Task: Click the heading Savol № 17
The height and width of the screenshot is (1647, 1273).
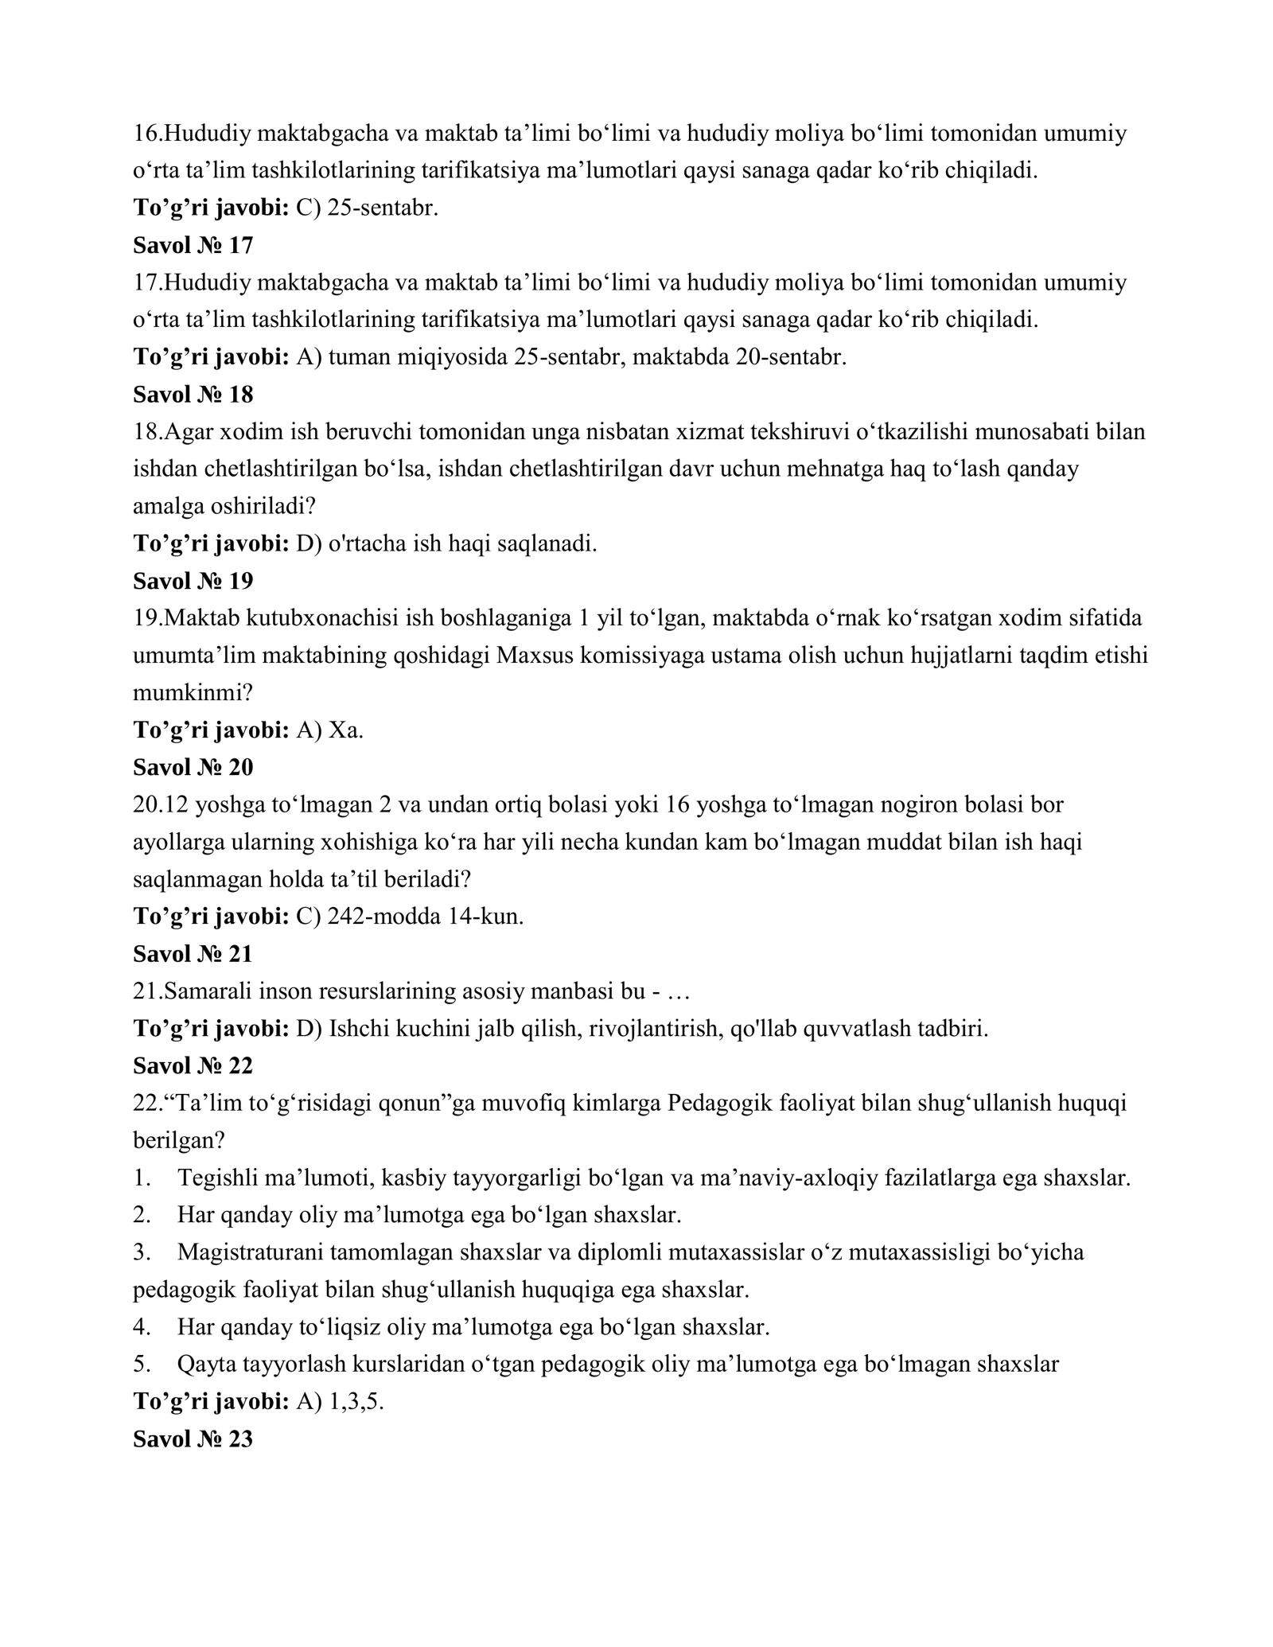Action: pyautogui.click(x=193, y=246)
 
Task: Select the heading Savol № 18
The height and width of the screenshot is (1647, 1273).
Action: pyautogui.click(x=193, y=395)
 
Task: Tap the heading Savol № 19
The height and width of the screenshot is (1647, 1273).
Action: pyautogui.click(x=193, y=582)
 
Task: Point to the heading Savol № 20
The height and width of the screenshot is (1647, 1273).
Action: pyautogui.click(x=193, y=768)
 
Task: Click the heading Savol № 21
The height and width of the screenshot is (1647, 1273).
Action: pyautogui.click(x=193, y=954)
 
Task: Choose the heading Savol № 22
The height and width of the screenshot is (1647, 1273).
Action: pyautogui.click(x=193, y=1065)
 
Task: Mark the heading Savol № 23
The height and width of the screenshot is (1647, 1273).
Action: pyautogui.click(x=193, y=1439)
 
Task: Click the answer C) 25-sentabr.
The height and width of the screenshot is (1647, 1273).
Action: pyautogui.click(x=367, y=208)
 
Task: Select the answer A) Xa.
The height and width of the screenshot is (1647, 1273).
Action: pyautogui.click(x=329, y=730)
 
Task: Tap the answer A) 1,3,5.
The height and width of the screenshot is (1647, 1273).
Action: pyautogui.click(x=340, y=1402)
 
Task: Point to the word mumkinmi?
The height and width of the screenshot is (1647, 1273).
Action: pyautogui.click(x=193, y=693)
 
